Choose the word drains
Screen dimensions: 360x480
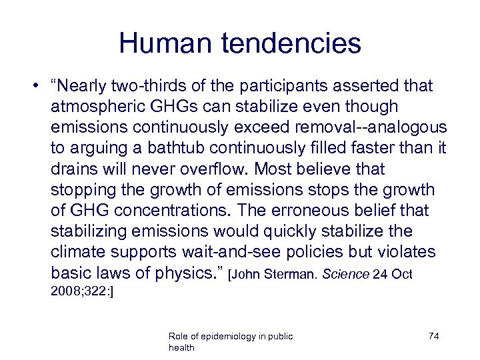(x=73, y=169)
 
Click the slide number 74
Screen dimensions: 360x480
(x=433, y=336)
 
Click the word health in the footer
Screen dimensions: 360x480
(x=182, y=348)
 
